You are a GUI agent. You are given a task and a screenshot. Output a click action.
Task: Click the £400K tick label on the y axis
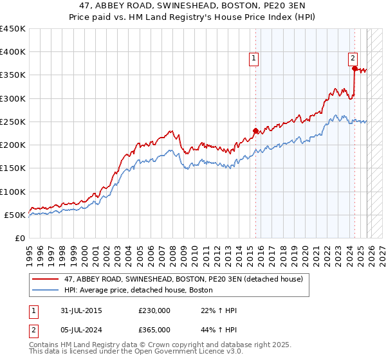click(x=13, y=52)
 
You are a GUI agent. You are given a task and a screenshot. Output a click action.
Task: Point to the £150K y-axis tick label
click(x=13, y=168)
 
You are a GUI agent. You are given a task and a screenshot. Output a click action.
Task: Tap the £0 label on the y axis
click(x=19, y=239)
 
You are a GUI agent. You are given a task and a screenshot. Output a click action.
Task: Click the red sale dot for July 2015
click(x=255, y=131)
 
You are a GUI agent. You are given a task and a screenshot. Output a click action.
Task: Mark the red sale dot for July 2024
click(x=354, y=68)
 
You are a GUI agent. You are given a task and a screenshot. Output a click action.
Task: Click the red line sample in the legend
click(x=46, y=279)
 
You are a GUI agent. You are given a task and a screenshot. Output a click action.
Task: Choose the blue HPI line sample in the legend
click(x=46, y=290)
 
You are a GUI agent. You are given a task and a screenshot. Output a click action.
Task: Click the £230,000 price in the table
click(x=154, y=310)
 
